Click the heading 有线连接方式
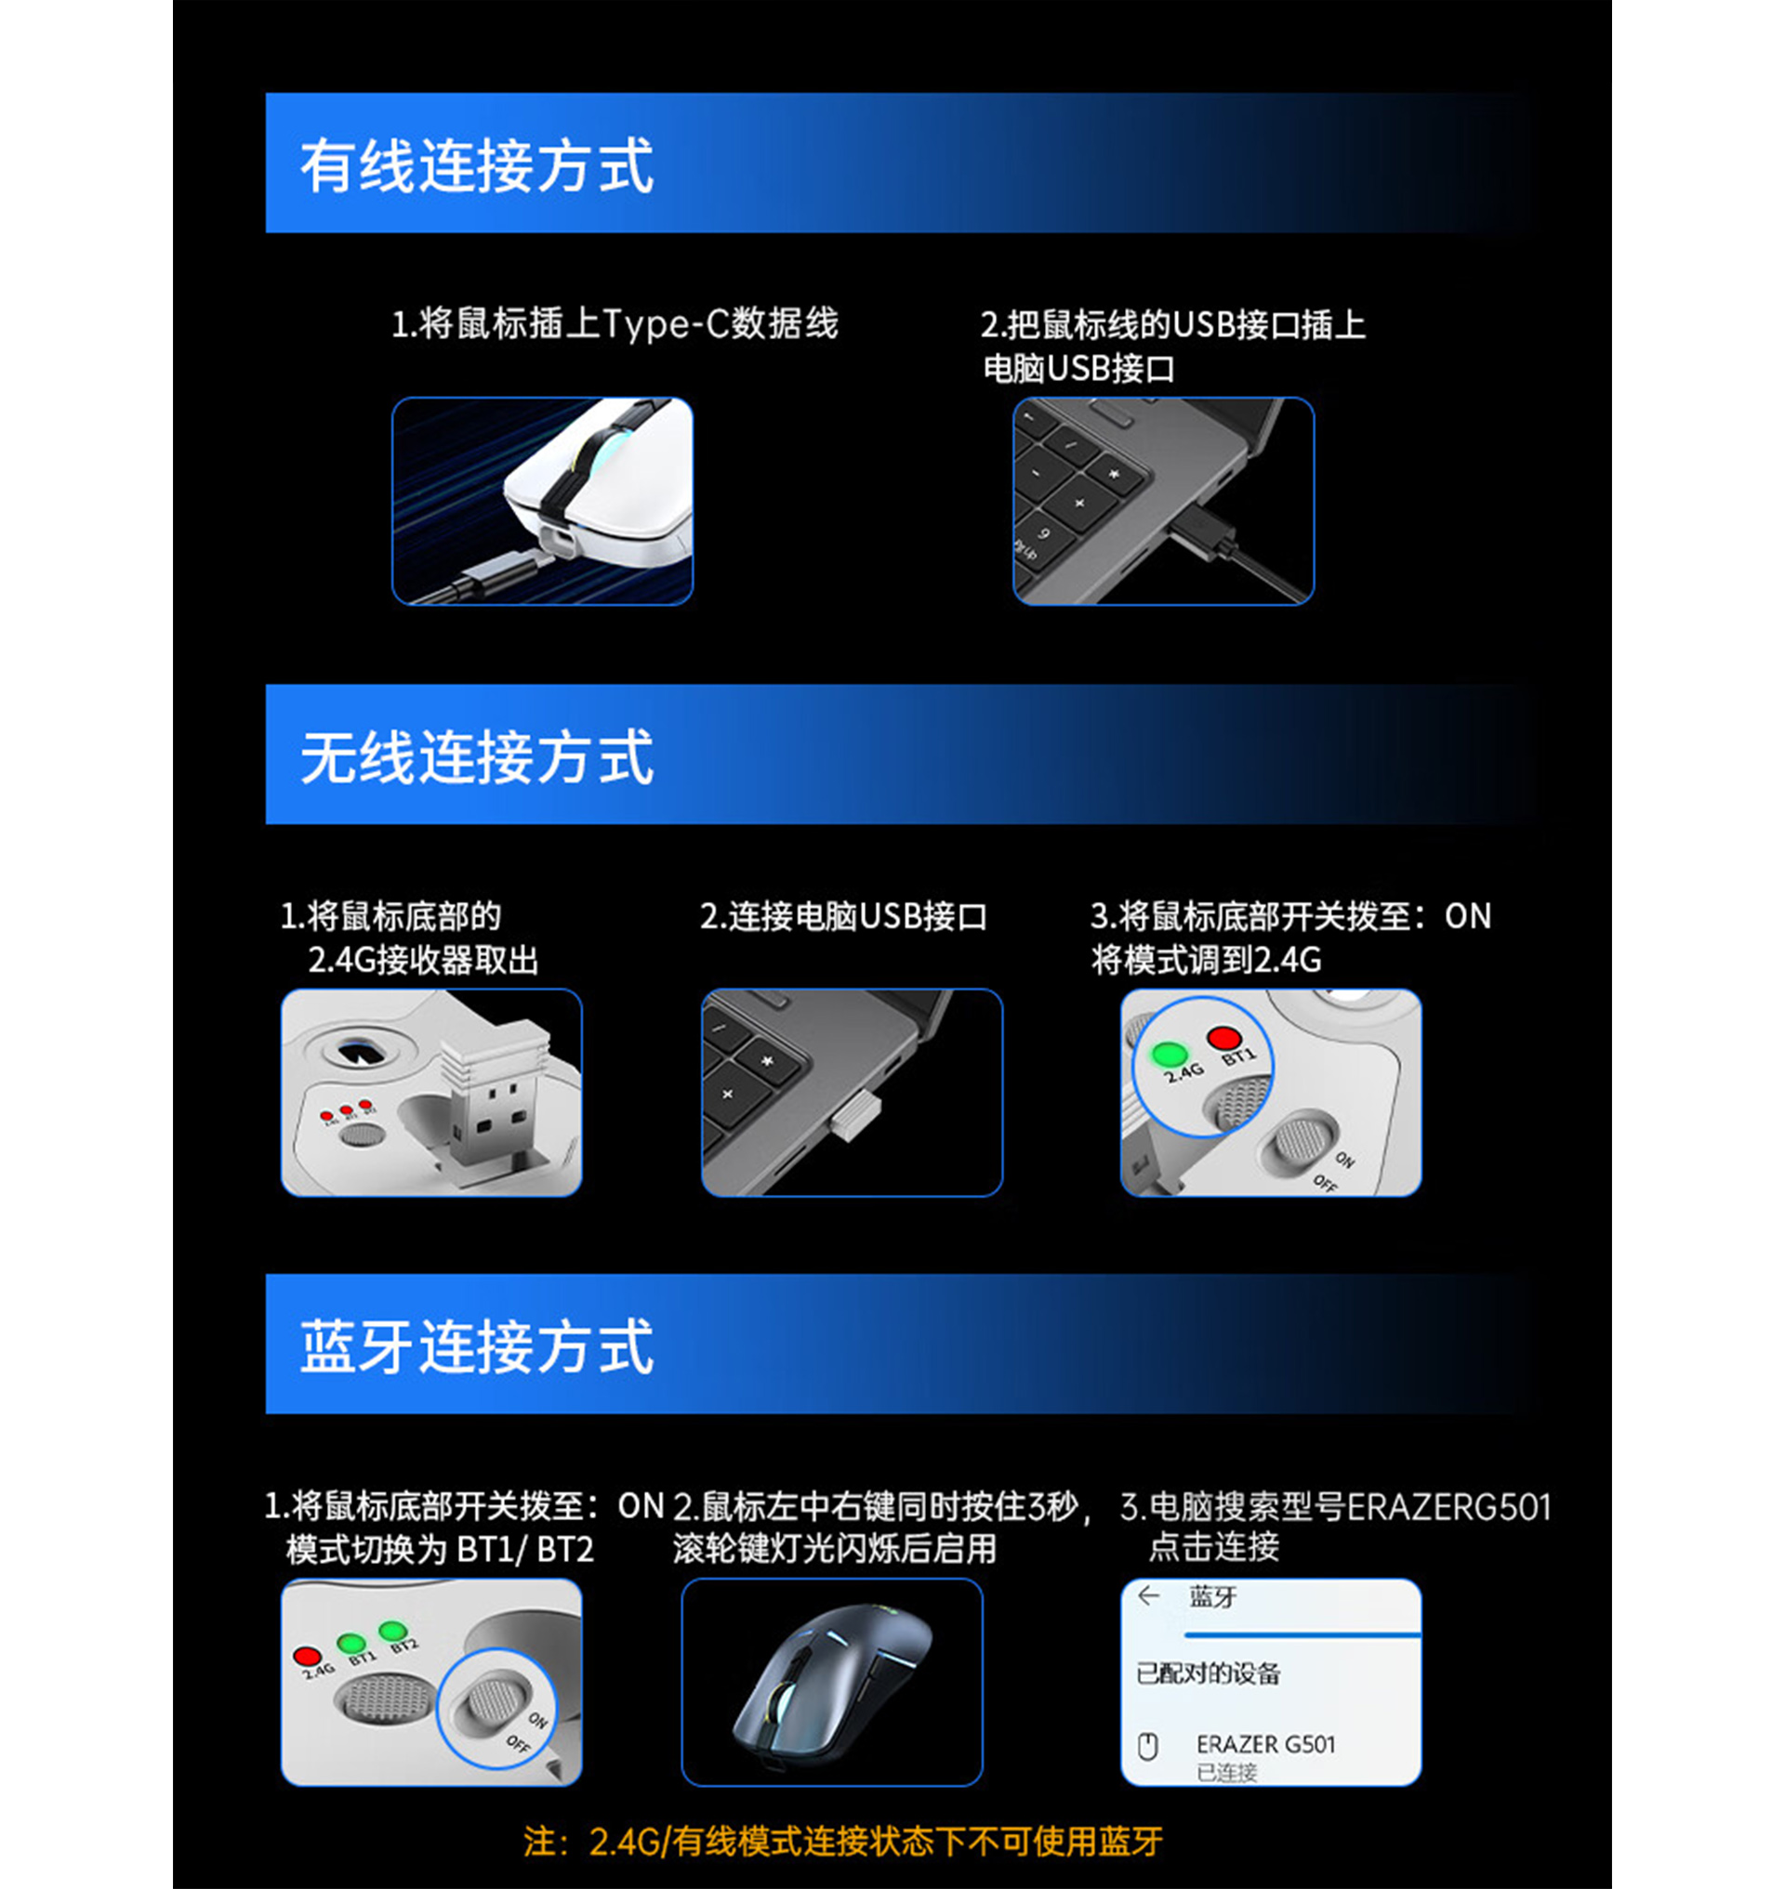click(477, 165)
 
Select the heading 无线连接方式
click(477, 756)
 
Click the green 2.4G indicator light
click(1169, 1054)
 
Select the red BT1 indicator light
click(1223, 1038)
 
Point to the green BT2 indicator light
click(393, 1632)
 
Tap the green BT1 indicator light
click(351, 1643)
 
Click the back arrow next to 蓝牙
click(1148, 1596)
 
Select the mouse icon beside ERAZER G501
click(1148, 1746)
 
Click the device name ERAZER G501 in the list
click(1265, 1744)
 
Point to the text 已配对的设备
click(1208, 1673)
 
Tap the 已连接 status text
click(1226, 1772)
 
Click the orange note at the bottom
click(842, 1842)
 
